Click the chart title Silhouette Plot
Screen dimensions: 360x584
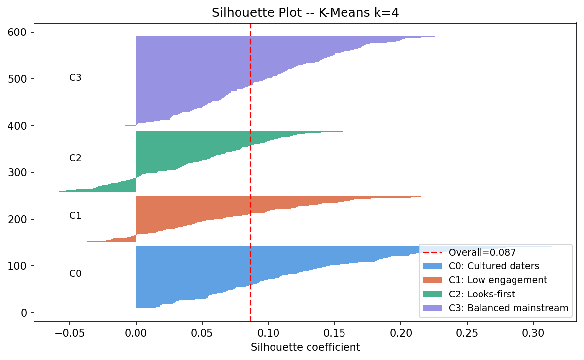pyautogui.click(x=305, y=13)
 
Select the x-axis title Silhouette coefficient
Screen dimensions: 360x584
pyautogui.click(x=305, y=347)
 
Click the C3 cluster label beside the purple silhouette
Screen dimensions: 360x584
pyautogui.click(x=75, y=77)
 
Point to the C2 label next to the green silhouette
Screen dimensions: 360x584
pyautogui.click(x=75, y=158)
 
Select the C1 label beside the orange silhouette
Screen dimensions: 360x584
pyautogui.click(x=75, y=215)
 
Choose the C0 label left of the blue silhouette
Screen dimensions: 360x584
pyautogui.click(x=75, y=274)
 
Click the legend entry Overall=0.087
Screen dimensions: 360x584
pyautogui.click(x=482, y=253)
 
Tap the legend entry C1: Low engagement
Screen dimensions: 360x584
pyautogui.click(x=498, y=280)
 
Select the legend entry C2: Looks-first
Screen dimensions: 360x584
pyautogui.click(x=481, y=295)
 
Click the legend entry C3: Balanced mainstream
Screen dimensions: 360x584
pyautogui.click(x=509, y=308)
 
